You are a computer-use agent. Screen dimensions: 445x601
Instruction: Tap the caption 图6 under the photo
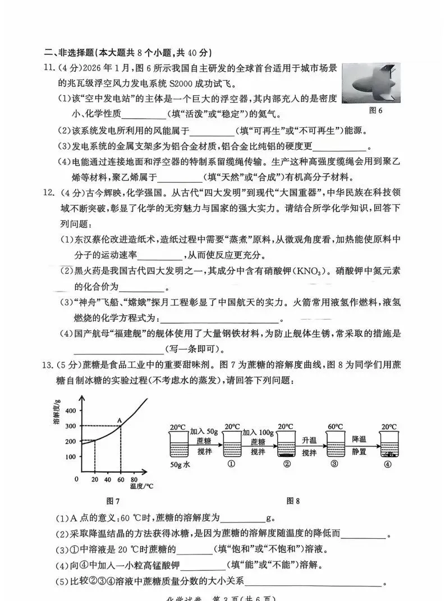click(375, 110)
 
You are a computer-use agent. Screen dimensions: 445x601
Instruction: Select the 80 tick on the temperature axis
click(134, 480)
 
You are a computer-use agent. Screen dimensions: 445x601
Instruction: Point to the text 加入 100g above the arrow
click(260, 432)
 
